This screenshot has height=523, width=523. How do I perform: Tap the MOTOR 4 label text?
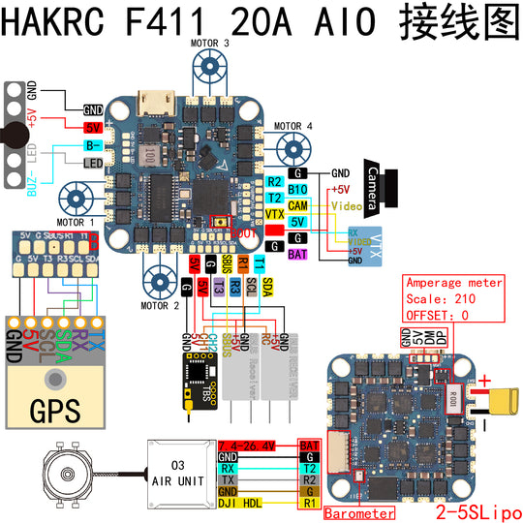tap(293, 126)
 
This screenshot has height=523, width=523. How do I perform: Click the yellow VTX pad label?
tap(274, 213)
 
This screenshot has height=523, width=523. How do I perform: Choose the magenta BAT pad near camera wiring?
tap(298, 254)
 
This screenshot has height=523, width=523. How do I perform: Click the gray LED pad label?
tap(93, 163)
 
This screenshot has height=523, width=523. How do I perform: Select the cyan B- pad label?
tap(93, 145)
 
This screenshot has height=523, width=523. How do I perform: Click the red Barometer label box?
tap(359, 511)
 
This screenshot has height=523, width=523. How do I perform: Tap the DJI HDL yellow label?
tap(242, 504)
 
